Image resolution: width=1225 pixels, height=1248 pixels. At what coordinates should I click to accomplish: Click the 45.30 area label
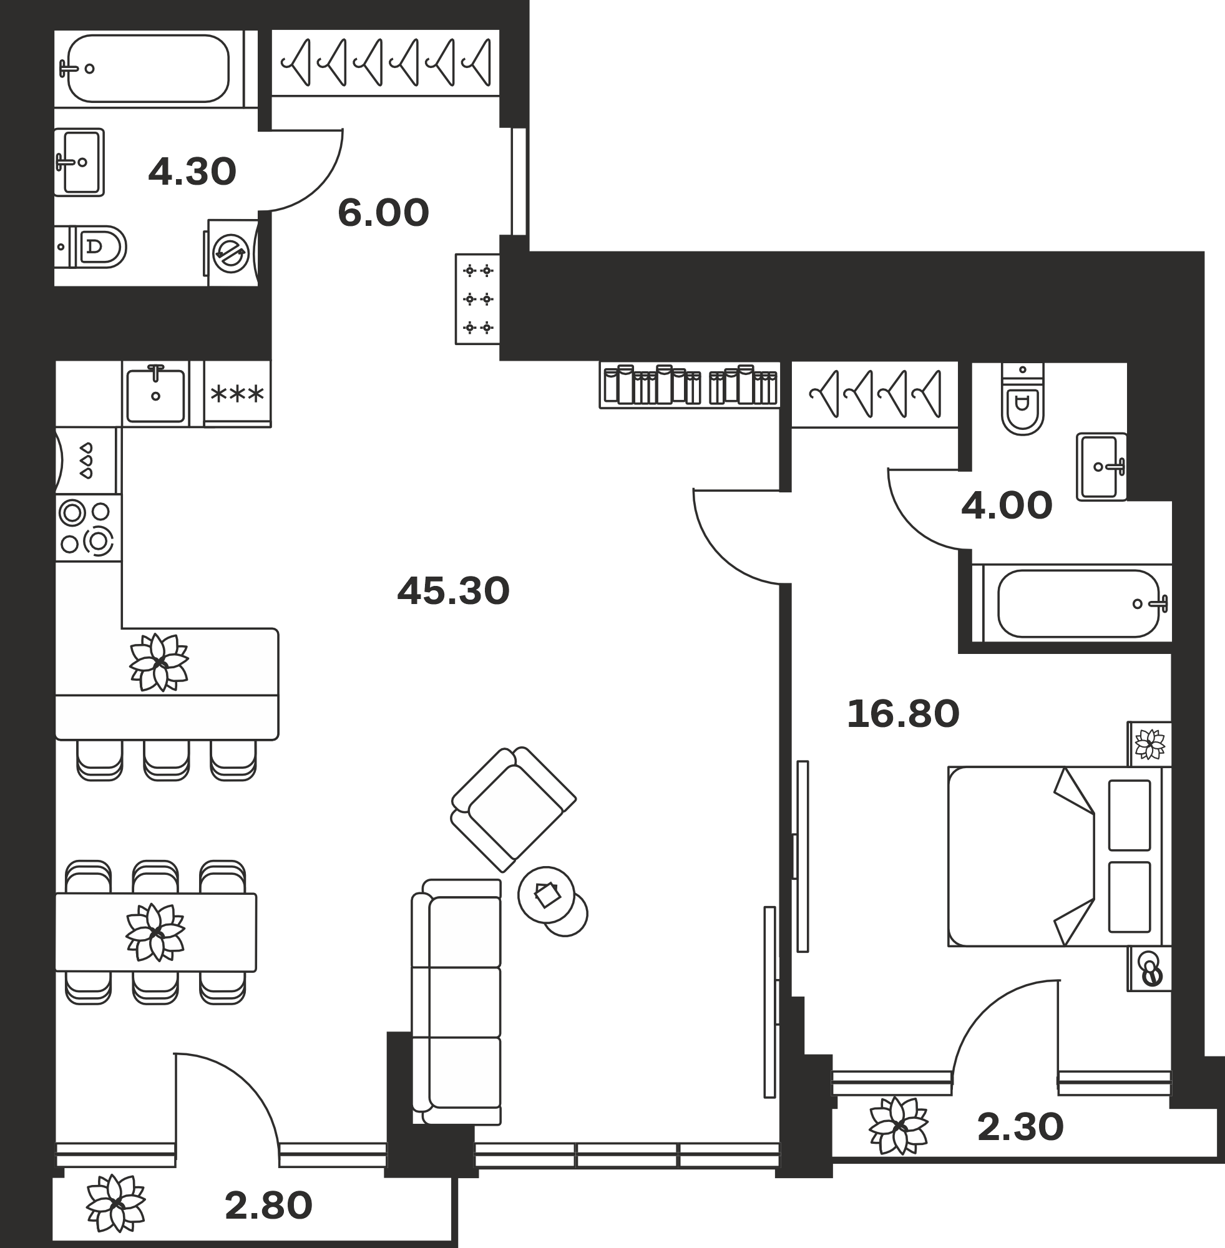point(453,590)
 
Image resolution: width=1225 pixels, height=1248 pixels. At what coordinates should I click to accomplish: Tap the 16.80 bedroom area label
point(902,714)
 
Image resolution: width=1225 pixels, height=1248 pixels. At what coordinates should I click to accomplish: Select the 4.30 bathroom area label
point(192,172)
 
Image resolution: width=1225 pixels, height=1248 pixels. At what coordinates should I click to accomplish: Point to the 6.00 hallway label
point(383,213)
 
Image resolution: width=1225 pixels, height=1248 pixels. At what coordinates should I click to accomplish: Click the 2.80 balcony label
point(268,1206)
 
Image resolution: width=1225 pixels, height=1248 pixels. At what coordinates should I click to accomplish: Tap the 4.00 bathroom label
point(1007,505)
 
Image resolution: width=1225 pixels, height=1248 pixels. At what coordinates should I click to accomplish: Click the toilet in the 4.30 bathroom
point(90,246)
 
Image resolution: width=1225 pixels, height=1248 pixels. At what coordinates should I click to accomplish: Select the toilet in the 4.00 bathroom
point(1022,399)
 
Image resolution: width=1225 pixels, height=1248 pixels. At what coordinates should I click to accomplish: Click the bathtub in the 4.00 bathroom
point(1078,603)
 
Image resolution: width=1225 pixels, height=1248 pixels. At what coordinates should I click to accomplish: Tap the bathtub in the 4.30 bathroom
point(149,68)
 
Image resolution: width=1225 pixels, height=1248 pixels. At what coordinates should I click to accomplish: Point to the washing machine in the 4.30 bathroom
point(231,253)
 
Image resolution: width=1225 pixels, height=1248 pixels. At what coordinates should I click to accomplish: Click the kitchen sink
point(155,394)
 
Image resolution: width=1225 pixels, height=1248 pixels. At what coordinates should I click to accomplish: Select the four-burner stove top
point(87,527)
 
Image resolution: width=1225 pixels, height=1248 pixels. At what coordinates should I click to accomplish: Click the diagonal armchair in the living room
point(514,809)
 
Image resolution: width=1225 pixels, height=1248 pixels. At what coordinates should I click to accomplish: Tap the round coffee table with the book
point(547,895)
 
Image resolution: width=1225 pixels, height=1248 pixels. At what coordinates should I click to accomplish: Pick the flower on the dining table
point(155,932)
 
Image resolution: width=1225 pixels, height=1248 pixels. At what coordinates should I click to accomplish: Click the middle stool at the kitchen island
point(167,760)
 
